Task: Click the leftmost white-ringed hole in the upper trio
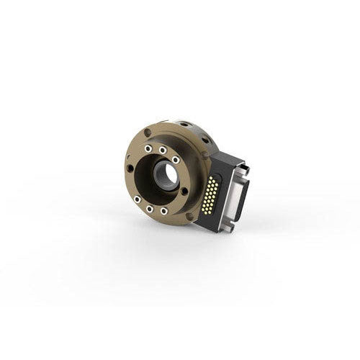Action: click(148, 149)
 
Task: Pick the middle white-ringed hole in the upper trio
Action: click(163, 150)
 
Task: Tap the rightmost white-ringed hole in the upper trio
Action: click(176, 160)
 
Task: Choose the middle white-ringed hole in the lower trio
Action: click(148, 210)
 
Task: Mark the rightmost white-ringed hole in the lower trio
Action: click(164, 211)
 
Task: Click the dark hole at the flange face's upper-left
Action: click(147, 133)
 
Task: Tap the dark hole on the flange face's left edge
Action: click(130, 168)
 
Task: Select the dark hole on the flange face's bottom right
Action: click(189, 215)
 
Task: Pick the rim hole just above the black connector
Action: click(207, 156)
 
